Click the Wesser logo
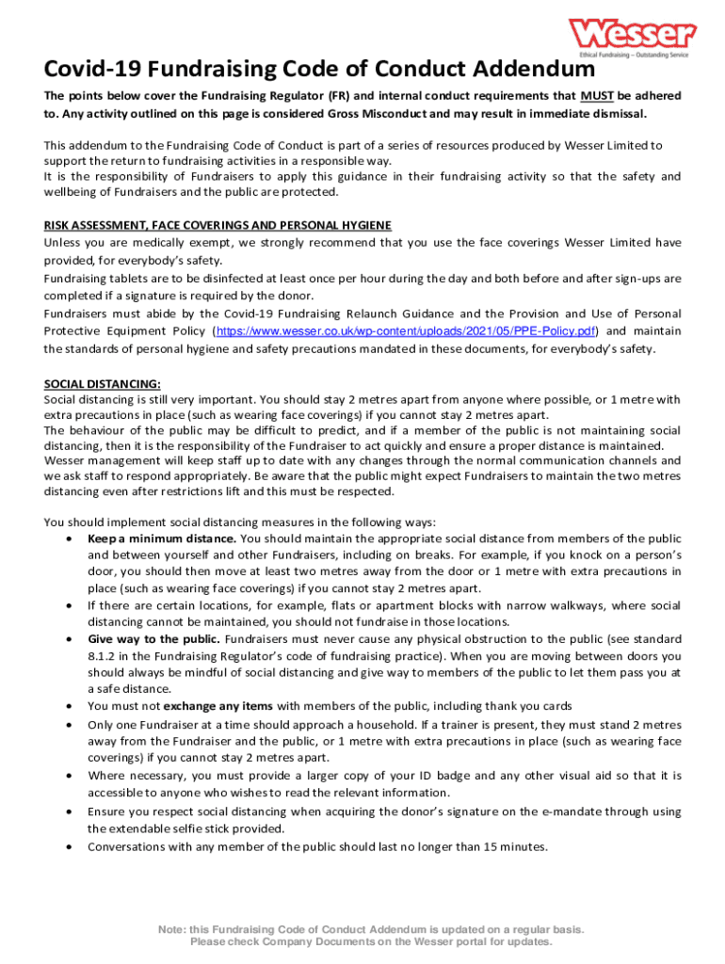pos(633,36)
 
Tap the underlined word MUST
pos(597,96)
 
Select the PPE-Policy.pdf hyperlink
pos(407,331)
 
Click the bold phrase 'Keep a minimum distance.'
pos(162,538)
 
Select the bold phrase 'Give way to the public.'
pos(154,639)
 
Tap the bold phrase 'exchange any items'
pos(217,706)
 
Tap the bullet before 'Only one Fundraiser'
pos(70,725)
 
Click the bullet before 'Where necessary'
pos(70,776)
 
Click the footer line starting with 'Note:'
pos(371,930)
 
